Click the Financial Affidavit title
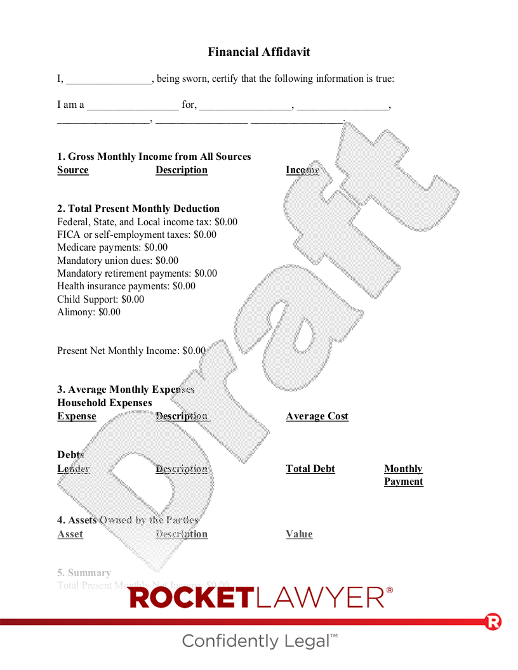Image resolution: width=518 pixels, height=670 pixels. tap(259, 52)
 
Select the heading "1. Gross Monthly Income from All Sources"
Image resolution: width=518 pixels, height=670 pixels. tap(154, 157)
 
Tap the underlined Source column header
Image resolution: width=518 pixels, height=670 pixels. tap(73, 170)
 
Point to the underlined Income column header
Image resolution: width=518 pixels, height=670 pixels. tap(302, 170)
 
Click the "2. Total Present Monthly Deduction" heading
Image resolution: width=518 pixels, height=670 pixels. tap(138, 209)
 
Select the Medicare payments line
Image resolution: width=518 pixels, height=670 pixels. tap(112, 247)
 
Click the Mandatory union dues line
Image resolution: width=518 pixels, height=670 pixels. tap(117, 261)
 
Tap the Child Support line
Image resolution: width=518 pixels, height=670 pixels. tap(100, 299)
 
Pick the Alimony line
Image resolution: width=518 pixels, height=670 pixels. tap(89, 312)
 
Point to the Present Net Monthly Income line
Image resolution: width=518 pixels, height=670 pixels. tap(131, 351)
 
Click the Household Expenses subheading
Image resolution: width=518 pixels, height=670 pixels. tap(105, 403)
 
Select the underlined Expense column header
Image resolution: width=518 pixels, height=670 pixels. tap(77, 416)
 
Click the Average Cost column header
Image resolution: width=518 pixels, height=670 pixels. tap(317, 416)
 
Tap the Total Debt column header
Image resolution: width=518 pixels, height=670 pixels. tap(310, 469)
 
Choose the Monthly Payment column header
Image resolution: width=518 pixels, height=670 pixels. tap(403, 475)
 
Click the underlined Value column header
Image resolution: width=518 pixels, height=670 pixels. tap(299, 534)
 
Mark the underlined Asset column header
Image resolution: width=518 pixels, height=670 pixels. tap(70, 534)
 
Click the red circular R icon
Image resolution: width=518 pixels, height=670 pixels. tap(493, 622)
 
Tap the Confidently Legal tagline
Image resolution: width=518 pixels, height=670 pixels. tap(259, 641)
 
